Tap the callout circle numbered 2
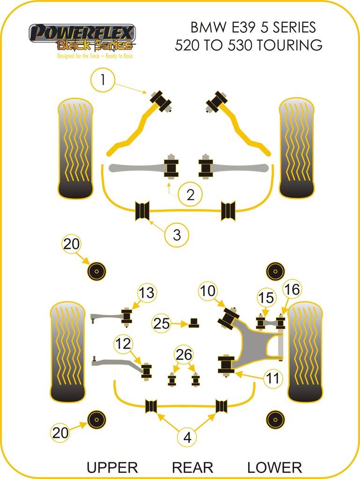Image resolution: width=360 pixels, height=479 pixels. coord(190,194)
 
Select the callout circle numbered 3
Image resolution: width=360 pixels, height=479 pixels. coord(176,234)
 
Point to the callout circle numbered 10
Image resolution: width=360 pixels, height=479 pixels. coord(208,291)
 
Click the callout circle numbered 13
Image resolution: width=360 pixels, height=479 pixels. coord(147,293)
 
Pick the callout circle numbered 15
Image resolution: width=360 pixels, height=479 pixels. coord(265,298)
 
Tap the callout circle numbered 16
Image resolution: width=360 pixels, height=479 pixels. coord(291,290)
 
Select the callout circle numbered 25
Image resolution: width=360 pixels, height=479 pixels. coord(162,323)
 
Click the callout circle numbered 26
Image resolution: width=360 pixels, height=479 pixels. coord(184,355)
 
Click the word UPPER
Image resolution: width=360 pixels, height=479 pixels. coord(112,467)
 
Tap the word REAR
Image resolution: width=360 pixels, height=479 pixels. coord(192,467)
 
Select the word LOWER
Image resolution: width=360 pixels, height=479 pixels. coord(274,467)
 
